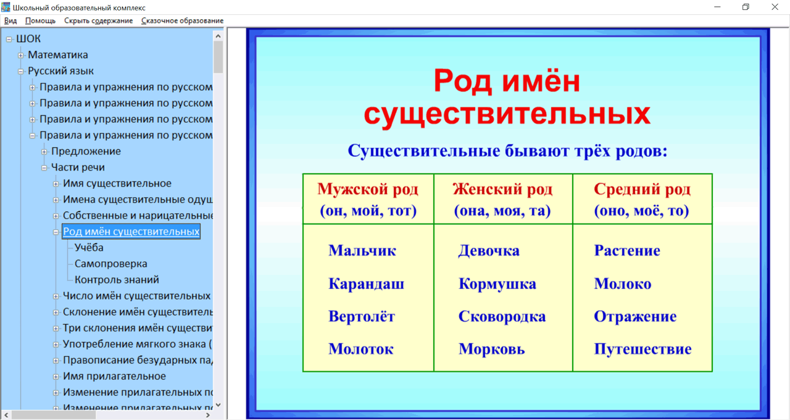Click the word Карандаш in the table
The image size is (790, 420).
[366, 284]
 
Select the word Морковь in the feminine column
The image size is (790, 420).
[491, 349]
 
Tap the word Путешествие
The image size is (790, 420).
[642, 349]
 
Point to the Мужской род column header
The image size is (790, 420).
[368, 189]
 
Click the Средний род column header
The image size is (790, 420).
[642, 189]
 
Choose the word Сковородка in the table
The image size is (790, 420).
[502, 317]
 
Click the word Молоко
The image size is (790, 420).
[622, 284]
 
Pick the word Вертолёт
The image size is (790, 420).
[361, 317]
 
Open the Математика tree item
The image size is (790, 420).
[58, 55]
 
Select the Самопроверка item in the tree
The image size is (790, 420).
[110, 264]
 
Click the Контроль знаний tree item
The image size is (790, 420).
[117, 280]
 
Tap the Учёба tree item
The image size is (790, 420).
[89, 248]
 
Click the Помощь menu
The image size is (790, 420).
[40, 20]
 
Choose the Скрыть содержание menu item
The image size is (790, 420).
[98, 20]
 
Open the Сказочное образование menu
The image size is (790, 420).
[182, 20]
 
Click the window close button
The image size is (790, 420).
[775, 7]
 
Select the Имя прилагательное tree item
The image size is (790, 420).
[114, 376]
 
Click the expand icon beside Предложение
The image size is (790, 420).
[44, 151]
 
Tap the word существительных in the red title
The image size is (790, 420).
[507, 114]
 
